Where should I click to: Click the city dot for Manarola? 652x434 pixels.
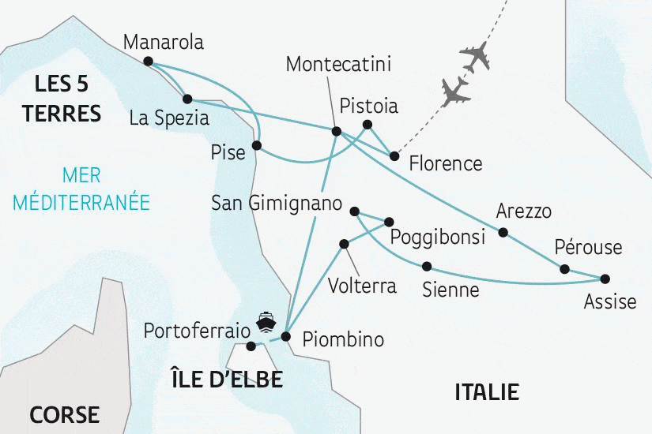[148, 60]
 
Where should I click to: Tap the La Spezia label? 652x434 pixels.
[169, 119]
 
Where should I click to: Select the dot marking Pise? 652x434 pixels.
[256, 145]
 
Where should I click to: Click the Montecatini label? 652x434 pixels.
[339, 64]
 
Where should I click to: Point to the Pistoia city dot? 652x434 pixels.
[367, 124]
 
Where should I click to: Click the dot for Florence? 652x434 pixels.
[394, 155]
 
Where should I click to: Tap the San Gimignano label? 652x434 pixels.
[277, 203]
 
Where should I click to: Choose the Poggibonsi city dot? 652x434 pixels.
[390, 221]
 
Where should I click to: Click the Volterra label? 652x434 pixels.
[361, 285]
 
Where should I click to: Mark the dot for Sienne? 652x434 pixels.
[427, 266]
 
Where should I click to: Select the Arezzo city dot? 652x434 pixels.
[503, 232]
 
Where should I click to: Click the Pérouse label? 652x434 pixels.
[588, 247]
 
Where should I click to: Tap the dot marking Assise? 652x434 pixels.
[606, 279]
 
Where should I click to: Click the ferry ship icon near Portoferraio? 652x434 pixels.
[266, 321]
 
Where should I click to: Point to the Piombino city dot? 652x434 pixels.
[285, 337]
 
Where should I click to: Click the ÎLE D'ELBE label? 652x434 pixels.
[227, 379]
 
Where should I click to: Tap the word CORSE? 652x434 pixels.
[65, 414]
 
